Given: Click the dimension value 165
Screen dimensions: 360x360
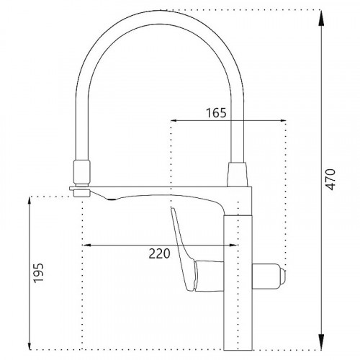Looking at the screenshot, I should click(216, 112).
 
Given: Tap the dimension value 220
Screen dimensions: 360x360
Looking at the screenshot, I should click(159, 253).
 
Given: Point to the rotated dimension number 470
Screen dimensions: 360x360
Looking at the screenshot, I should click(330, 179).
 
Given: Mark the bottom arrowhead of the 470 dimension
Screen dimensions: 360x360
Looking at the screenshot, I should click(320, 347).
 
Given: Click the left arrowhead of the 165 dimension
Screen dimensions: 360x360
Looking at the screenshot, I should click(172, 122).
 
